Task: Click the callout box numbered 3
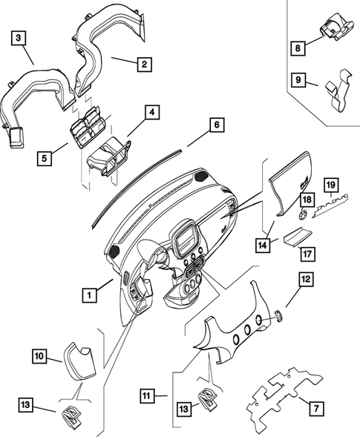(19, 38)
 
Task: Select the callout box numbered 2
(145, 64)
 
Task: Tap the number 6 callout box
(217, 125)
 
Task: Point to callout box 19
(331, 185)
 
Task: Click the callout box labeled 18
(307, 200)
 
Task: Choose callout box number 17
(307, 254)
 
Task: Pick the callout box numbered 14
(263, 246)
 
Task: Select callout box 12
(307, 279)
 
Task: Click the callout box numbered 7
(316, 409)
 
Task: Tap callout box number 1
(90, 295)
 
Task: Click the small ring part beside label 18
(303, 215)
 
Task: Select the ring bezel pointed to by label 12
(279, 315)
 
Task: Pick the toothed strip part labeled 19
(331, 206)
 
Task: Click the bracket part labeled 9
(338, 91)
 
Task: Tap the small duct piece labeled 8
(338, 27)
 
